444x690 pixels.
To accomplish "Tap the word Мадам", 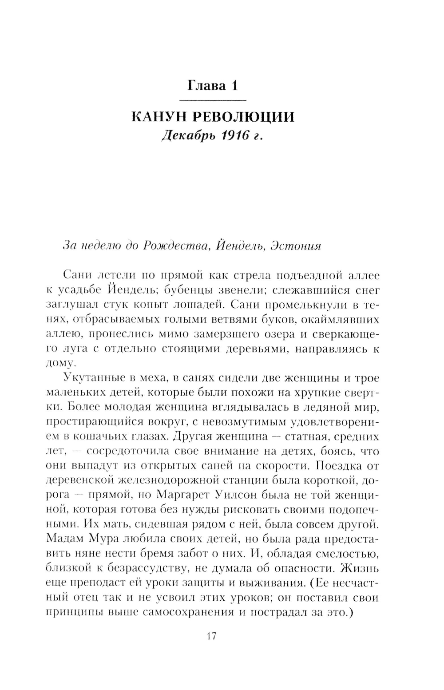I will point(65,539).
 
